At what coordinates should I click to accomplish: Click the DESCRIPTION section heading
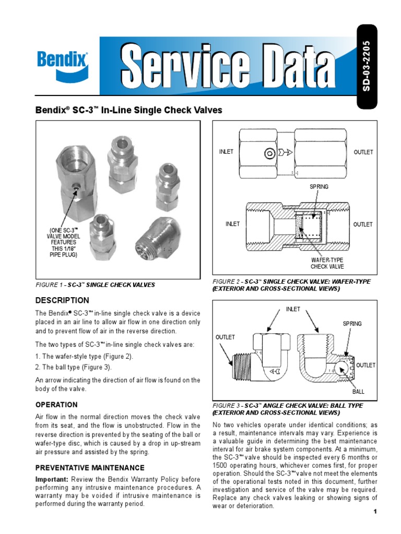[62, 300]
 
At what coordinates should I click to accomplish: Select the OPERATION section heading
[56, 405]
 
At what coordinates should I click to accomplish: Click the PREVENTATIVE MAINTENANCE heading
[90, 468]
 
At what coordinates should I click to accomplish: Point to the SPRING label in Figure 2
[319, 187]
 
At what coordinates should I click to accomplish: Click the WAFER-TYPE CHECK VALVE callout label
[327, 263]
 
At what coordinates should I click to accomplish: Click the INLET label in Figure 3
[293, 309]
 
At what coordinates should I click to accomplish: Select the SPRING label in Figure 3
[352, 324]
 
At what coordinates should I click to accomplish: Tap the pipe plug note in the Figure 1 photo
[63, 242]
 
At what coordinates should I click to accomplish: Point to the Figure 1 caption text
[95, 285]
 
